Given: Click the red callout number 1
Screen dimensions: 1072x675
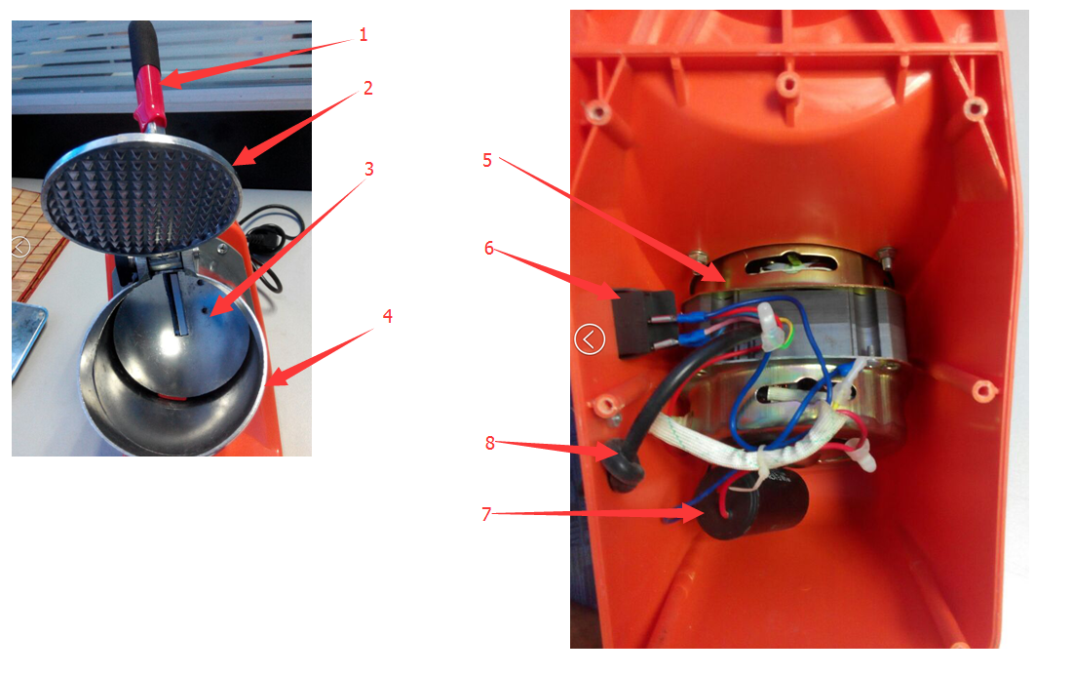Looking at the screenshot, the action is [364, 34].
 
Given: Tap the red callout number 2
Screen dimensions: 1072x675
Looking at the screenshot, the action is [367, 88].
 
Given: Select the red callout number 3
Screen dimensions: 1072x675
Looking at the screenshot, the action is [369, 169].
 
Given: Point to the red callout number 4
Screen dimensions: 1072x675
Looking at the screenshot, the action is [388, 316].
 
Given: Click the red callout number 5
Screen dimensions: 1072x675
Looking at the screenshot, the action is [486, 160].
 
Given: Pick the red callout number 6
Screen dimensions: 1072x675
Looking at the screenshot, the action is [489, 248].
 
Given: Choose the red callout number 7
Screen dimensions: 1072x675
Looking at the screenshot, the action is [486, 513].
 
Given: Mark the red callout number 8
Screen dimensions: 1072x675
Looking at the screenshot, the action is [489, 443].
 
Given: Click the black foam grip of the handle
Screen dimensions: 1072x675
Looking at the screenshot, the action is [144, 45].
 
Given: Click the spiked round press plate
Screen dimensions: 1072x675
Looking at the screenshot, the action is [141, 194].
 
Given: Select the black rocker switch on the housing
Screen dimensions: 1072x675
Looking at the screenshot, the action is [644, 323].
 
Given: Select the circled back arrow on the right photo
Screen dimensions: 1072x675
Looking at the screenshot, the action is [590, 338].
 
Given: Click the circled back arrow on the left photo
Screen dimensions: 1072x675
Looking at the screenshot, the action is [19, 247].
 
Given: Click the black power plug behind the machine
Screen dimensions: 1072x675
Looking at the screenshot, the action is [261, 240].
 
